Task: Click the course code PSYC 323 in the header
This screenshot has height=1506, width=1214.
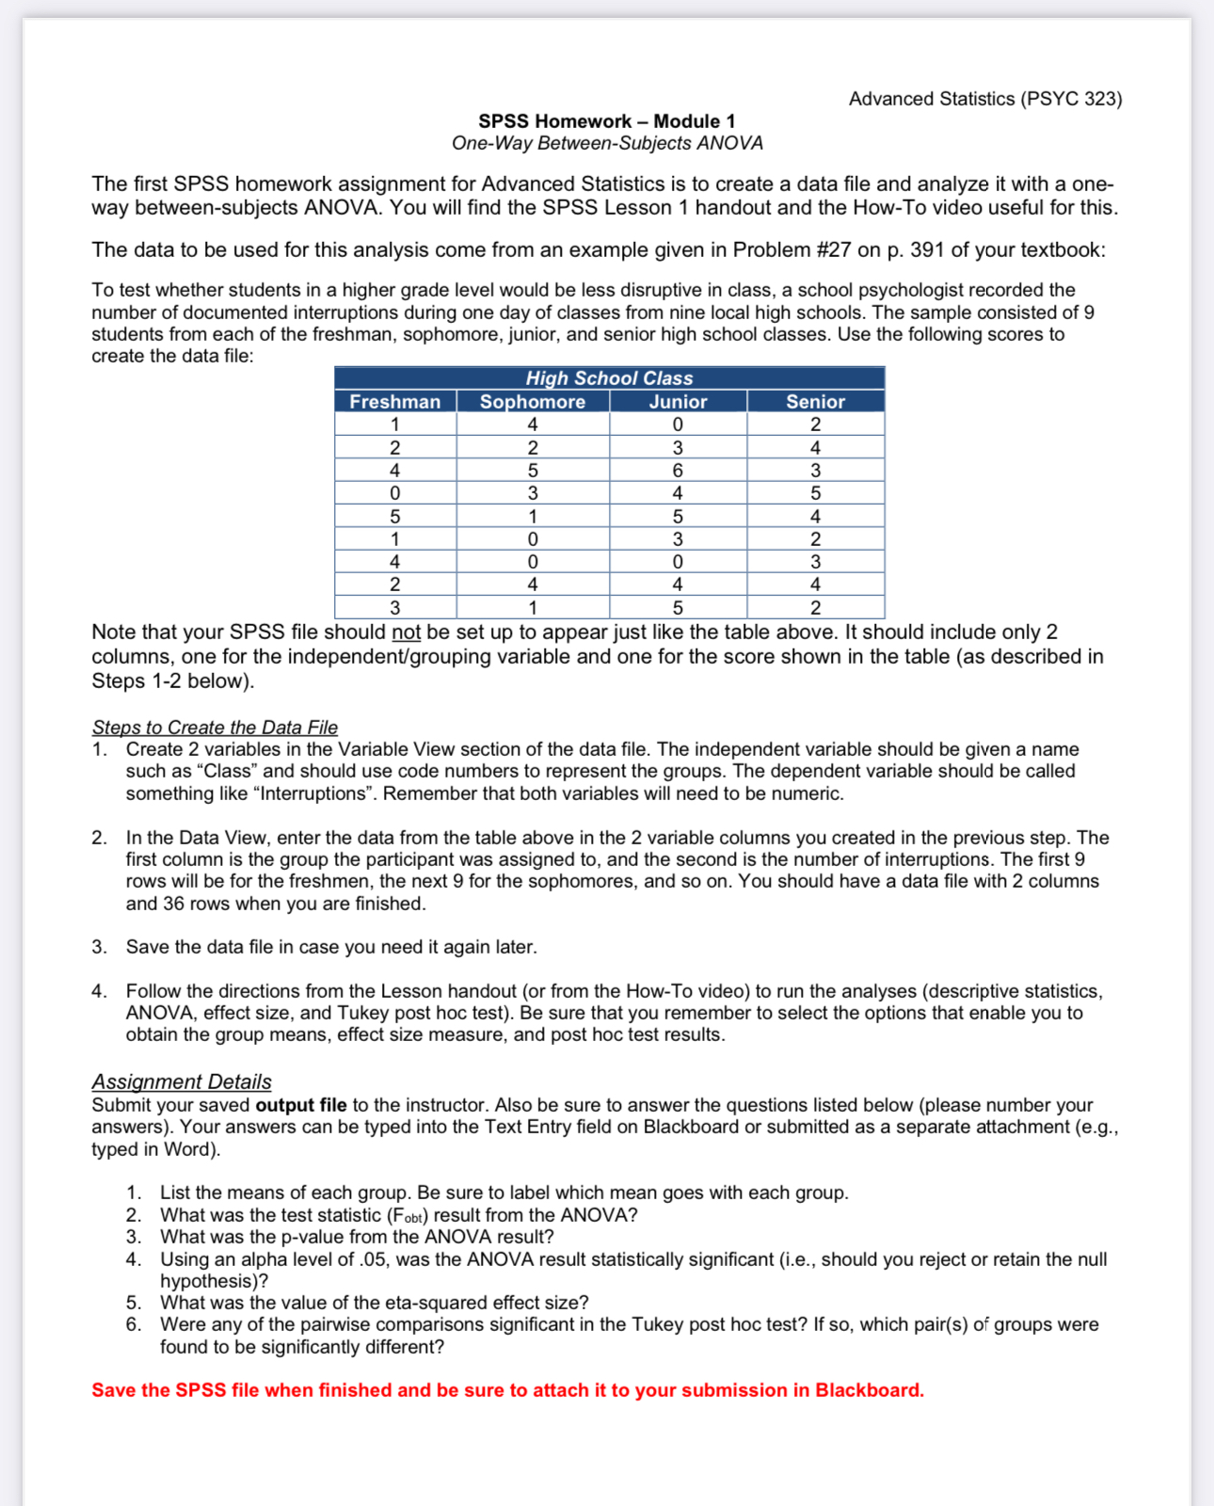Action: (1071, 99)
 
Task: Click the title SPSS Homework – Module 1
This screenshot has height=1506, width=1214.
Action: (607, 121)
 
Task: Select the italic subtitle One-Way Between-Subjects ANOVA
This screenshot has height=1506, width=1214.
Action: (607, 143)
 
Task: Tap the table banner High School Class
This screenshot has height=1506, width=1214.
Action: (609, 378)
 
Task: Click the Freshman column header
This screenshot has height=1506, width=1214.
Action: (395, 402)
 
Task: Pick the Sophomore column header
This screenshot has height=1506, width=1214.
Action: (533, 402)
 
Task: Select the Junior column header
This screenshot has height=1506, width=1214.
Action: (678, 402)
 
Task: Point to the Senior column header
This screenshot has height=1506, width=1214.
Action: (815, 402)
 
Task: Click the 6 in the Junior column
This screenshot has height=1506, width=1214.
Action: (678, 471)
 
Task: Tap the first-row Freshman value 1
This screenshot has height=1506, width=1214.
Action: (395, 425)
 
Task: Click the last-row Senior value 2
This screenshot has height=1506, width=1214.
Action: (815, 608)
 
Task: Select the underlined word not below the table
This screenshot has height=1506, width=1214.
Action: (406, 633)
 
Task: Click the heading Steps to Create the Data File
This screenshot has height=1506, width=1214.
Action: (215, 728)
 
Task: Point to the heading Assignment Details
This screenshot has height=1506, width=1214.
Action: (182, 1082)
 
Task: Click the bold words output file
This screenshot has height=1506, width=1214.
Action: (301, 1105)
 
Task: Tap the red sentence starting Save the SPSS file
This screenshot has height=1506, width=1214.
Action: (507, 1390)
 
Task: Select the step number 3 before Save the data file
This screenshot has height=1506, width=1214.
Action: (99, 947)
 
